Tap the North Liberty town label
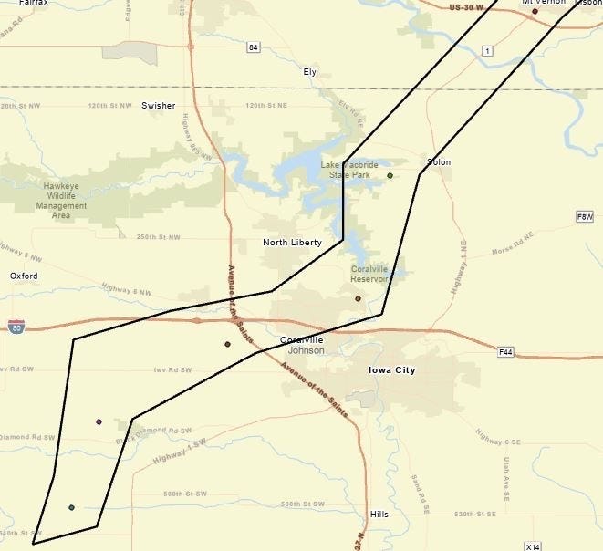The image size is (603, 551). click(x=287, y=243)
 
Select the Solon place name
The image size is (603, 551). click(x=439, y=162)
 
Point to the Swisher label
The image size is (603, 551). click(x=159, y=106)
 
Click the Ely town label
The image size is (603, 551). click(x=310, y=70)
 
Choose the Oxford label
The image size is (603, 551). click(x=25, y=275)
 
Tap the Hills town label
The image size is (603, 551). click(x=380, y=514)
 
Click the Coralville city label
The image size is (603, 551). click(x=301, y=340)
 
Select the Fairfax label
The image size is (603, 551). click(x=19, y=4)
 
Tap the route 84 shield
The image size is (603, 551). click(x=253, y=47)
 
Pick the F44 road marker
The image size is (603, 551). click(x=506, y=351)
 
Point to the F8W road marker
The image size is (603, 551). click(x=585, y=216)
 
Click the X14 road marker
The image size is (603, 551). click(x=535, y=546)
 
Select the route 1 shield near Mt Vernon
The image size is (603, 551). click(x=489, y=51)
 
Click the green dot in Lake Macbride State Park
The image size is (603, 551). click(x=390, y=175)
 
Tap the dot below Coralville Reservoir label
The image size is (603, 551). click(x=359, y=298)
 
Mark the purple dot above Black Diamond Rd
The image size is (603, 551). click(x=99, y=421)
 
